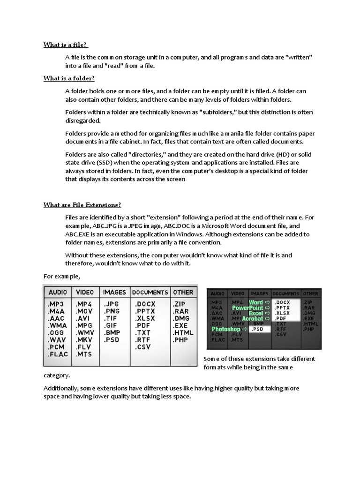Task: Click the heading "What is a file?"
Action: coord(65,45)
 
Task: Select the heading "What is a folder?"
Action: coord(69,78)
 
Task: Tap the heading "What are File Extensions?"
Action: coord(82,205)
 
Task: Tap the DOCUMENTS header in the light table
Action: coord(150,292)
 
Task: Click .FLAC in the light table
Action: coord(58,354)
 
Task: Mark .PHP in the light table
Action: coord(181,339)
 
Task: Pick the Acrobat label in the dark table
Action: coord(252,319)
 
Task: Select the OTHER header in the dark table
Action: coord(310,293)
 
